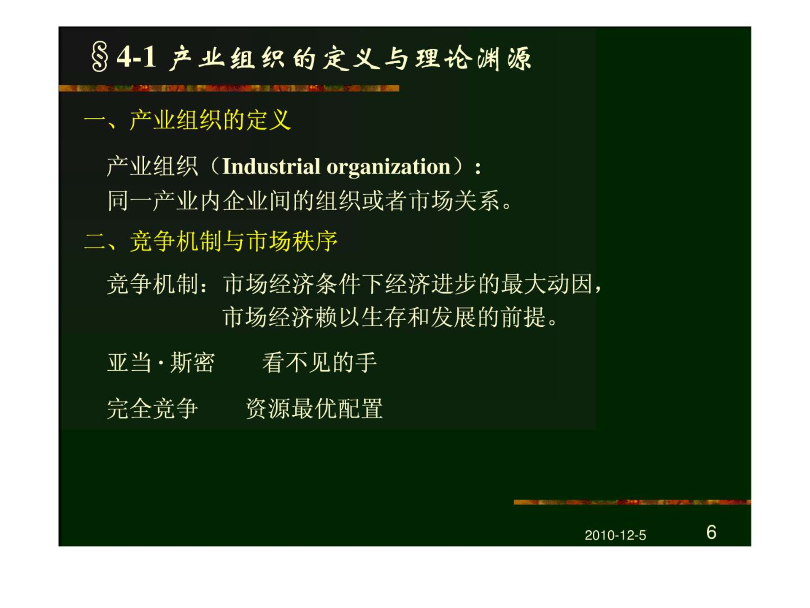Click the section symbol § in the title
[100, 57]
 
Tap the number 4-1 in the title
[136, 57]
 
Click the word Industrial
[271, 166]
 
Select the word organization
[388, 167]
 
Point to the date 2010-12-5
[615, 535]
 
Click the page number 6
[711, 532]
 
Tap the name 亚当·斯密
[161, 363]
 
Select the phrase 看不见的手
[319, 363]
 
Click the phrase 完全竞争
[152, 408]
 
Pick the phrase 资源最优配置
[314, 408]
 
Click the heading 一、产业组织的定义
[187, 120]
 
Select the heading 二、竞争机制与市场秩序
[211, 242]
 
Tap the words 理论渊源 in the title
[473, 58]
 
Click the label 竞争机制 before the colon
[153, 283]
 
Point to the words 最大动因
[547, 283]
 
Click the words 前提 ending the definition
[524, 317]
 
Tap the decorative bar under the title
[229, 88]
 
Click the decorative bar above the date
[632, 502]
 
